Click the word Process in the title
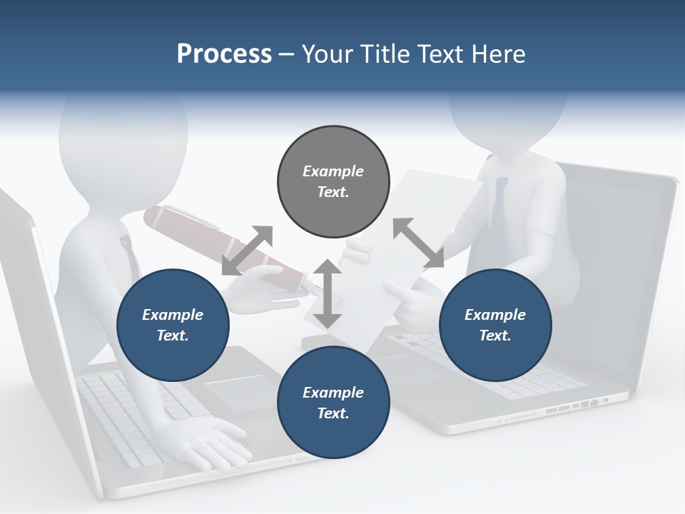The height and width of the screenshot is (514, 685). [224, 54]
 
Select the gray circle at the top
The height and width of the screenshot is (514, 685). [333, 182]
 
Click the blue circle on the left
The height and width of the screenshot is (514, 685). [173, 326]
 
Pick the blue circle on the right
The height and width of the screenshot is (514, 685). [495, 326]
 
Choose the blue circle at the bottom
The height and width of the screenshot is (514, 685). [333, 403]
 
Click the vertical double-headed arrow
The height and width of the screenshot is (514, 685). [328, 294]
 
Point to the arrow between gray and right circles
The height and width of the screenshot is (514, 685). [418, 243]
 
